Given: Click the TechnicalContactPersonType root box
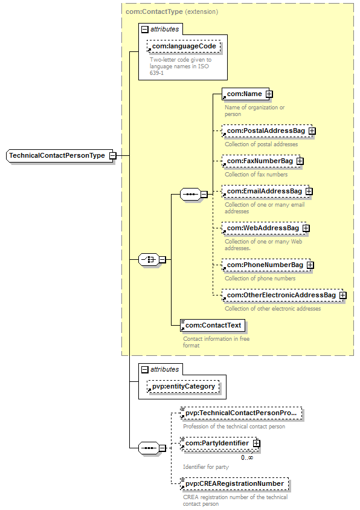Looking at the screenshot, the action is click(x=60, y=156).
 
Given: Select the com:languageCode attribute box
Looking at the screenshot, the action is click(x=184, y=46).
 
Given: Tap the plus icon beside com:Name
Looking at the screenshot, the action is click(x=269, y=94).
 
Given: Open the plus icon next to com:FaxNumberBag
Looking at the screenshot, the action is click(x=300, y=161).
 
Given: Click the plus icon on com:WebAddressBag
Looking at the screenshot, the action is click(x=306, y=228).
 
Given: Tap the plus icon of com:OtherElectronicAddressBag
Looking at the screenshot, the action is click(x=342, y=295).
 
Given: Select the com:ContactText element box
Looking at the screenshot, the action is click(x=213, y=325).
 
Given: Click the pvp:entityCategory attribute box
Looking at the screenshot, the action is click(x=183, y=386).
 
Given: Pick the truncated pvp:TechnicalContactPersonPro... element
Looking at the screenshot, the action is click(x=241, y=413).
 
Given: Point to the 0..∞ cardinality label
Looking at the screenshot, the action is click(x=247, y=457).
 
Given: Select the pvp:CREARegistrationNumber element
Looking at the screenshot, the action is click(x=234, y=483).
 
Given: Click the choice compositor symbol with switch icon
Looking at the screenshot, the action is click(x=149, y=260).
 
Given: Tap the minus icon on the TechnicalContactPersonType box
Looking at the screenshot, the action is click(x=112, y=156).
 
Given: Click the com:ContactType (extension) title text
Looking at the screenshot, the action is click(x=172, y=11).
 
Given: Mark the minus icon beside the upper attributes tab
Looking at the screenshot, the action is click(x=145, y=30).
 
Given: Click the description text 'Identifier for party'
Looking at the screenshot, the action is click(x=206, y=467).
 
